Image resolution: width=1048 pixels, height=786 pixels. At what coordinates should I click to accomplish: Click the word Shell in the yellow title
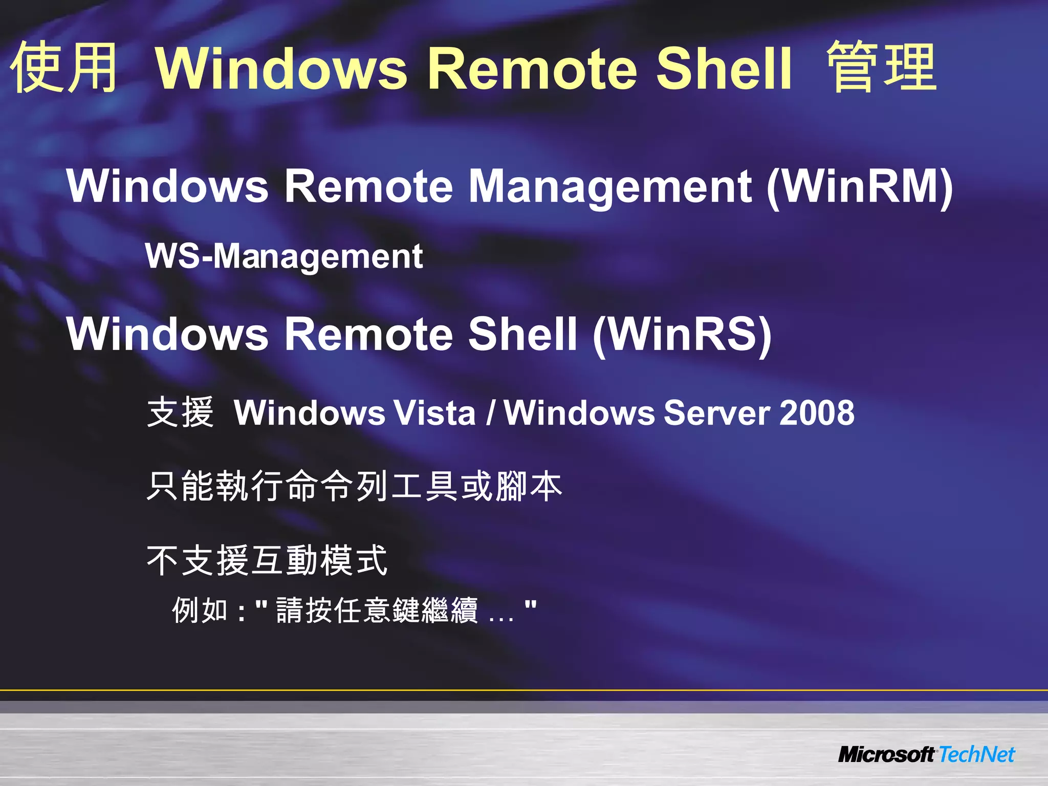tap(723, 68)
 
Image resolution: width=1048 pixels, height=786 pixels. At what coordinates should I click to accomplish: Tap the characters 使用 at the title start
tap(64, 68)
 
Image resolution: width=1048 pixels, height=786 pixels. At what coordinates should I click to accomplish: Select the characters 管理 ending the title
tap(881, 68)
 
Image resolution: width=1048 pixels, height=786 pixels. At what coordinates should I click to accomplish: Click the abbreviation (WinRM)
tap(859, 187)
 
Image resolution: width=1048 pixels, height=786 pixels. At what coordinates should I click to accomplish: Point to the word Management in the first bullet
tap(610, 186)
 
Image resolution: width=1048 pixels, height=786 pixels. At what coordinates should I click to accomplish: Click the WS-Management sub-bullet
tap(284, 256)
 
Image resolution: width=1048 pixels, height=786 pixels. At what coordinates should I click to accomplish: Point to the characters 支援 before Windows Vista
tap(180, 412)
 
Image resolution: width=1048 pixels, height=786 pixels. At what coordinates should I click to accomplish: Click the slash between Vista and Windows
tap(491, 413)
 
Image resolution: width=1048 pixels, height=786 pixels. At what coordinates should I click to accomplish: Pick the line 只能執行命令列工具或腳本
tap(354, 486)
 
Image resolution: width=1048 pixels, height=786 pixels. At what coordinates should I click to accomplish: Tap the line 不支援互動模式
tap(267, 561)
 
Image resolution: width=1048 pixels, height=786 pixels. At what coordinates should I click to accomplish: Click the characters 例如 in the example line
tap(199, 610)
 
